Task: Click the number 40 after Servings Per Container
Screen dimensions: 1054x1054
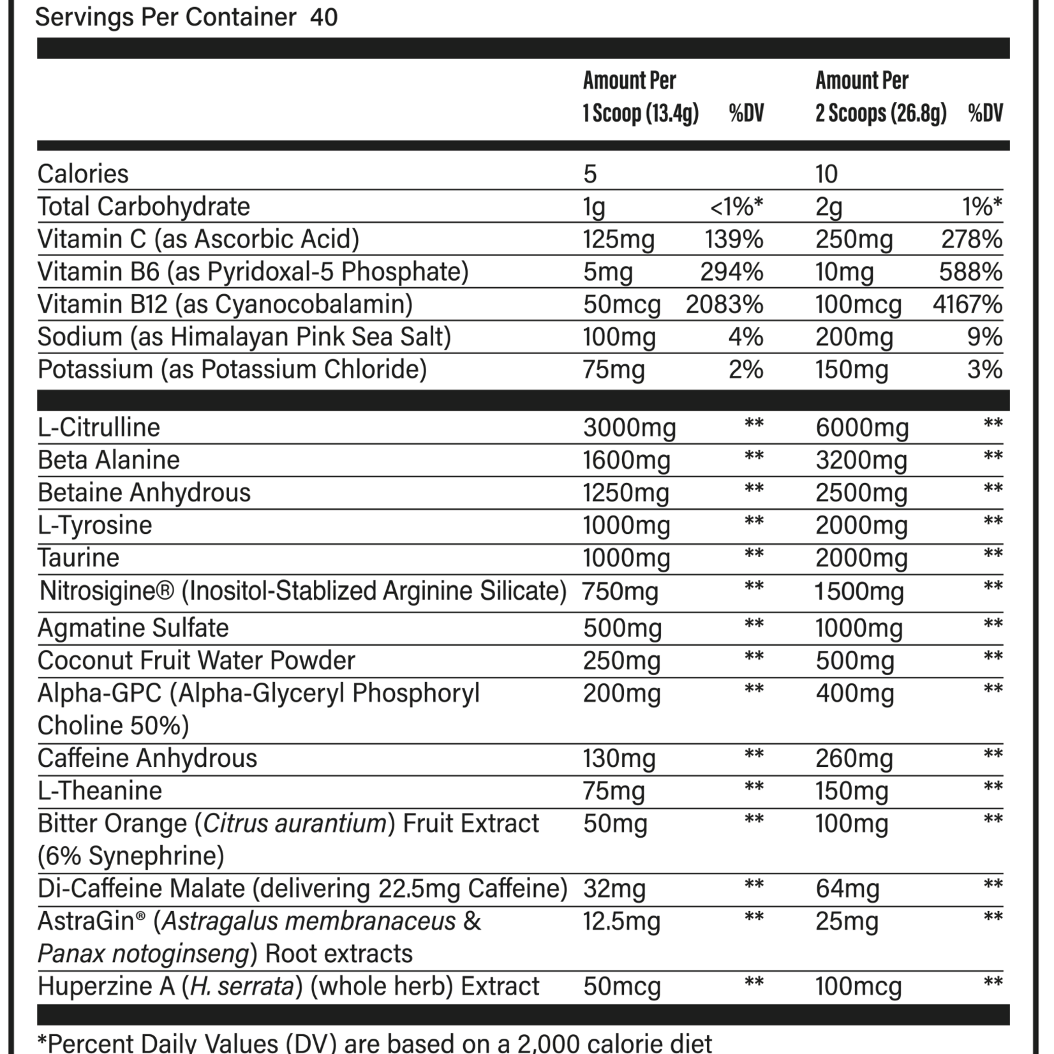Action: coord(323,17)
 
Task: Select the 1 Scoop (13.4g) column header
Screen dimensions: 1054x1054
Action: coord(641,114)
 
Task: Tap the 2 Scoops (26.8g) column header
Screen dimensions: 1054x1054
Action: coord(880,114)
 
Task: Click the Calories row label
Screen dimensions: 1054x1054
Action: coord(83,174)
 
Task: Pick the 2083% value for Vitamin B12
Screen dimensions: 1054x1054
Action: coord(724,304)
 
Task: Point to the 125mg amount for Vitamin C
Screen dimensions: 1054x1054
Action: coord(618,239)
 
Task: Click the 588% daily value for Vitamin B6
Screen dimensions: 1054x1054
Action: coord(970,272)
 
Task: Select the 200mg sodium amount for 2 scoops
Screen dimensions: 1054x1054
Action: coord(854,337)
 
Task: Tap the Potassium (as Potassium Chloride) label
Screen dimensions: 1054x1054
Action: coord(232,369)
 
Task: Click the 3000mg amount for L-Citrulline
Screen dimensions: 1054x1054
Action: coord(629,427)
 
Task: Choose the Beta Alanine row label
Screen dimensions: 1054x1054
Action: coord(108,460)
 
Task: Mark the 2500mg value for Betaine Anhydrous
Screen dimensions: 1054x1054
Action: coord(861,493)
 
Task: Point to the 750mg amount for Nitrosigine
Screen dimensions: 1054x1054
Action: coord(620,591)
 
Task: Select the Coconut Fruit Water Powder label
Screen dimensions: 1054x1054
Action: coord(196,660)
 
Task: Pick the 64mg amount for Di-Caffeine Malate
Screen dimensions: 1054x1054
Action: coord(847,889)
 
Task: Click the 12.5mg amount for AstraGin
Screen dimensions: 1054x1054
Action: coord(620,921)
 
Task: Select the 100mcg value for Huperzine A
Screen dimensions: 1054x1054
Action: coord(858,986)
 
